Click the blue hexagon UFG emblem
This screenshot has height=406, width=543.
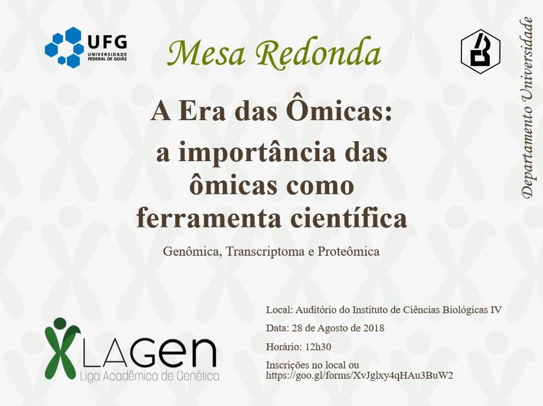coord(65,47)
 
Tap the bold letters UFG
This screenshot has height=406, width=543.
coord(107,43)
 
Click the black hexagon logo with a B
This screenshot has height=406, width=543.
coord(480,51)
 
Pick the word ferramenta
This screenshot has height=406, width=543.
coord(209,218)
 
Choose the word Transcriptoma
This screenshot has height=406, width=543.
coord(265,252)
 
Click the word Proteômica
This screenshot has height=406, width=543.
coord(349,251)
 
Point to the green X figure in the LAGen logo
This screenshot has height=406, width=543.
coord(61,348)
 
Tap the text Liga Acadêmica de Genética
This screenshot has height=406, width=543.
coord(150,376)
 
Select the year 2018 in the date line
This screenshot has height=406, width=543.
coord(374,328)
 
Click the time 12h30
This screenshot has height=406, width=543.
coord(317,346)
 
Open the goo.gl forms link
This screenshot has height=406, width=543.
coord(359,375)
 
